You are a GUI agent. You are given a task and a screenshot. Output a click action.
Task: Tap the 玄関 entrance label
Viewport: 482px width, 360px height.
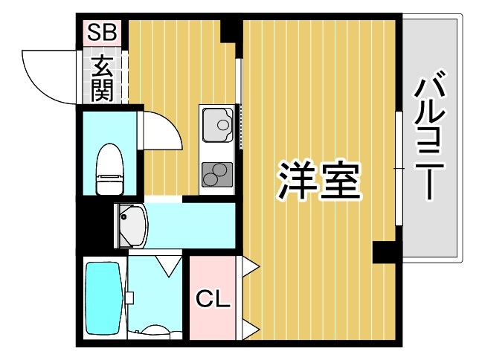pyautogui.click(x=101, y=78)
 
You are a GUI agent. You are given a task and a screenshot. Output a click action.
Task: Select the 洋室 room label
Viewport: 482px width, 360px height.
pyautogui.click(x=319, y=179)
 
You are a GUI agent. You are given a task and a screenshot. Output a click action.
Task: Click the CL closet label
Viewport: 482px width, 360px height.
pyautogui.click(x=214, y=300)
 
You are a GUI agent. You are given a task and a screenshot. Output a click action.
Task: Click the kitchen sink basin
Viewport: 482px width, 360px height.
pyautogui.click(x=216, y=125)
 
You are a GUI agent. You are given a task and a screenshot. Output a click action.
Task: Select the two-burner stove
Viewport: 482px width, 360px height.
pyautogui.click(x=216, y=173)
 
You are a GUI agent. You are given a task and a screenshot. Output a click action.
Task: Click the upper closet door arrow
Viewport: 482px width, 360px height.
pyautogui.click(x=249, y=265)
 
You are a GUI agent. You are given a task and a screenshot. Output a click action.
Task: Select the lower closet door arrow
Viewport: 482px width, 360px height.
pyautogui.click(x=249, y=327)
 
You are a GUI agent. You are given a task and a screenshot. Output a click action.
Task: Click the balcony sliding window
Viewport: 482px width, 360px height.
pyautogui.click(x=399, y=168)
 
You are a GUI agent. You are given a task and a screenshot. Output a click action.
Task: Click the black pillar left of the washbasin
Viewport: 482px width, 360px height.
pyautogui.click(x=94, y=222)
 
